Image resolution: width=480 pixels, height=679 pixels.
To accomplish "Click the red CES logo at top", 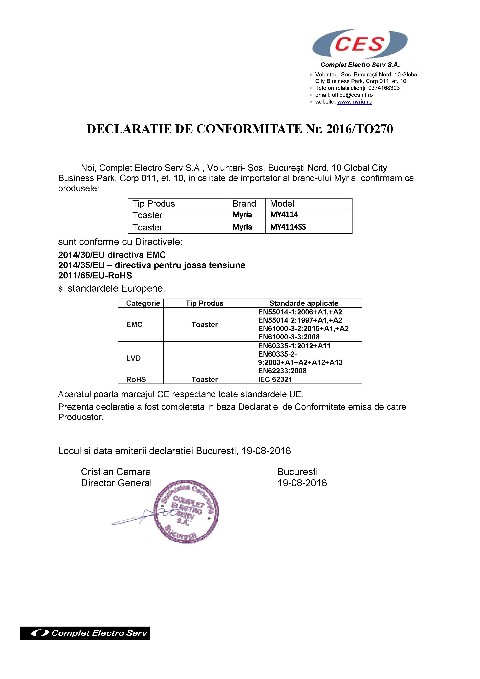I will click(x=360, y=44).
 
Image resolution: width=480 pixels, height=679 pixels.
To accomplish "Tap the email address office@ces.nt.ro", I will click(x=352, y=95).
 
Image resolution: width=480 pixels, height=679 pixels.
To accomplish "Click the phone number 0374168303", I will click(x=384, y=88).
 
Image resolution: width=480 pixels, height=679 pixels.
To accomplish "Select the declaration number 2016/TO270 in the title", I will click(x=359, y=129).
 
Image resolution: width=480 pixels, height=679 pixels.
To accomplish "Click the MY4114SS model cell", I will click(x=288, y=227).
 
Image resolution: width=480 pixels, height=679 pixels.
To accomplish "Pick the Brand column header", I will click(x=244, y=204).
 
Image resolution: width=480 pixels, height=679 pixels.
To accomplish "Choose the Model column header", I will click(x=282, y=204).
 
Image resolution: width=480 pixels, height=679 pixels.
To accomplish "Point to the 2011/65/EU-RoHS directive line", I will click(x=95, y=275).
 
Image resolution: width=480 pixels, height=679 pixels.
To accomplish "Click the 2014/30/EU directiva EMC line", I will click(x=112, y=255).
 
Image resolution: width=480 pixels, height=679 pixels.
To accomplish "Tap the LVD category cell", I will click(x=133, y=358).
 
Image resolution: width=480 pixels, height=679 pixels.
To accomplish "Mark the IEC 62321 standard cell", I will click(x=275, y=379).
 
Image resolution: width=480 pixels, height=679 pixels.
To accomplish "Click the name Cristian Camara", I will click(x=116, y=472).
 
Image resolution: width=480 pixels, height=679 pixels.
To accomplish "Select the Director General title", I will click(x=116, y=483).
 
